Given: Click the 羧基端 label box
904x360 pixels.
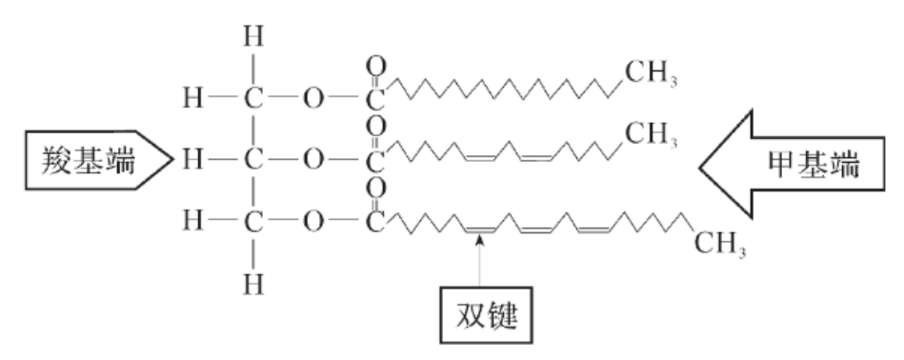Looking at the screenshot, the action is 98,160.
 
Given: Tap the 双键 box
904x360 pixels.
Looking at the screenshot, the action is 486,315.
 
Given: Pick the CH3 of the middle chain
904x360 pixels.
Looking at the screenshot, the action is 651,135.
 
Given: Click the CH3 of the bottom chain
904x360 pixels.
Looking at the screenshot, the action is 720,244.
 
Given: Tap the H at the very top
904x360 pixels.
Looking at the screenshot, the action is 253,37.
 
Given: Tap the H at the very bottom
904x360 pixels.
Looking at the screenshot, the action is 253,285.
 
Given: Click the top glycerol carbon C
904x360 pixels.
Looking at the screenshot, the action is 253,98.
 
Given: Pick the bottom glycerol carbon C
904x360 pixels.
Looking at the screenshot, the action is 253,221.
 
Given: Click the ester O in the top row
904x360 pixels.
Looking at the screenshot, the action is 313,98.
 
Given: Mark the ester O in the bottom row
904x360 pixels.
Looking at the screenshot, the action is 313,221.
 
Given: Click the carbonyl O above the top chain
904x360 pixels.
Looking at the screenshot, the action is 376,67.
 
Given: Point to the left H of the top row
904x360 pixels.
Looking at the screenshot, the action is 193,98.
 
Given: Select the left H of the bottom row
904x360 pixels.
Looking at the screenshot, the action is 193,221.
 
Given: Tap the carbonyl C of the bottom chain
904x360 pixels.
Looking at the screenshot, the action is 375,222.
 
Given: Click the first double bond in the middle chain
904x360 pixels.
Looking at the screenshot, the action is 479,158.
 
